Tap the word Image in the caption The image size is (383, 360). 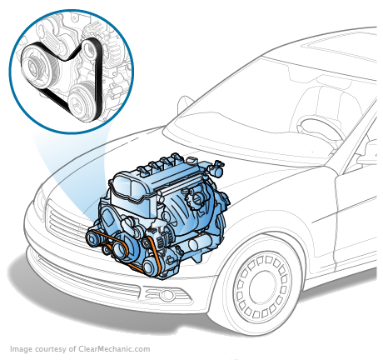(21, 349)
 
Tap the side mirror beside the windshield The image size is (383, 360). (185, 104)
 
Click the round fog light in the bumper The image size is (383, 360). (167, 295)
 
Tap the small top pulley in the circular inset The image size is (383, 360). (89, 49)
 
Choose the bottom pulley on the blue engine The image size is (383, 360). (149, 266)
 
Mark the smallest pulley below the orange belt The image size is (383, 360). (106, 249)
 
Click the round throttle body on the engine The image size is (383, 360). (196, 198)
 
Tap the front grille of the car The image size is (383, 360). (65, 222)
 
